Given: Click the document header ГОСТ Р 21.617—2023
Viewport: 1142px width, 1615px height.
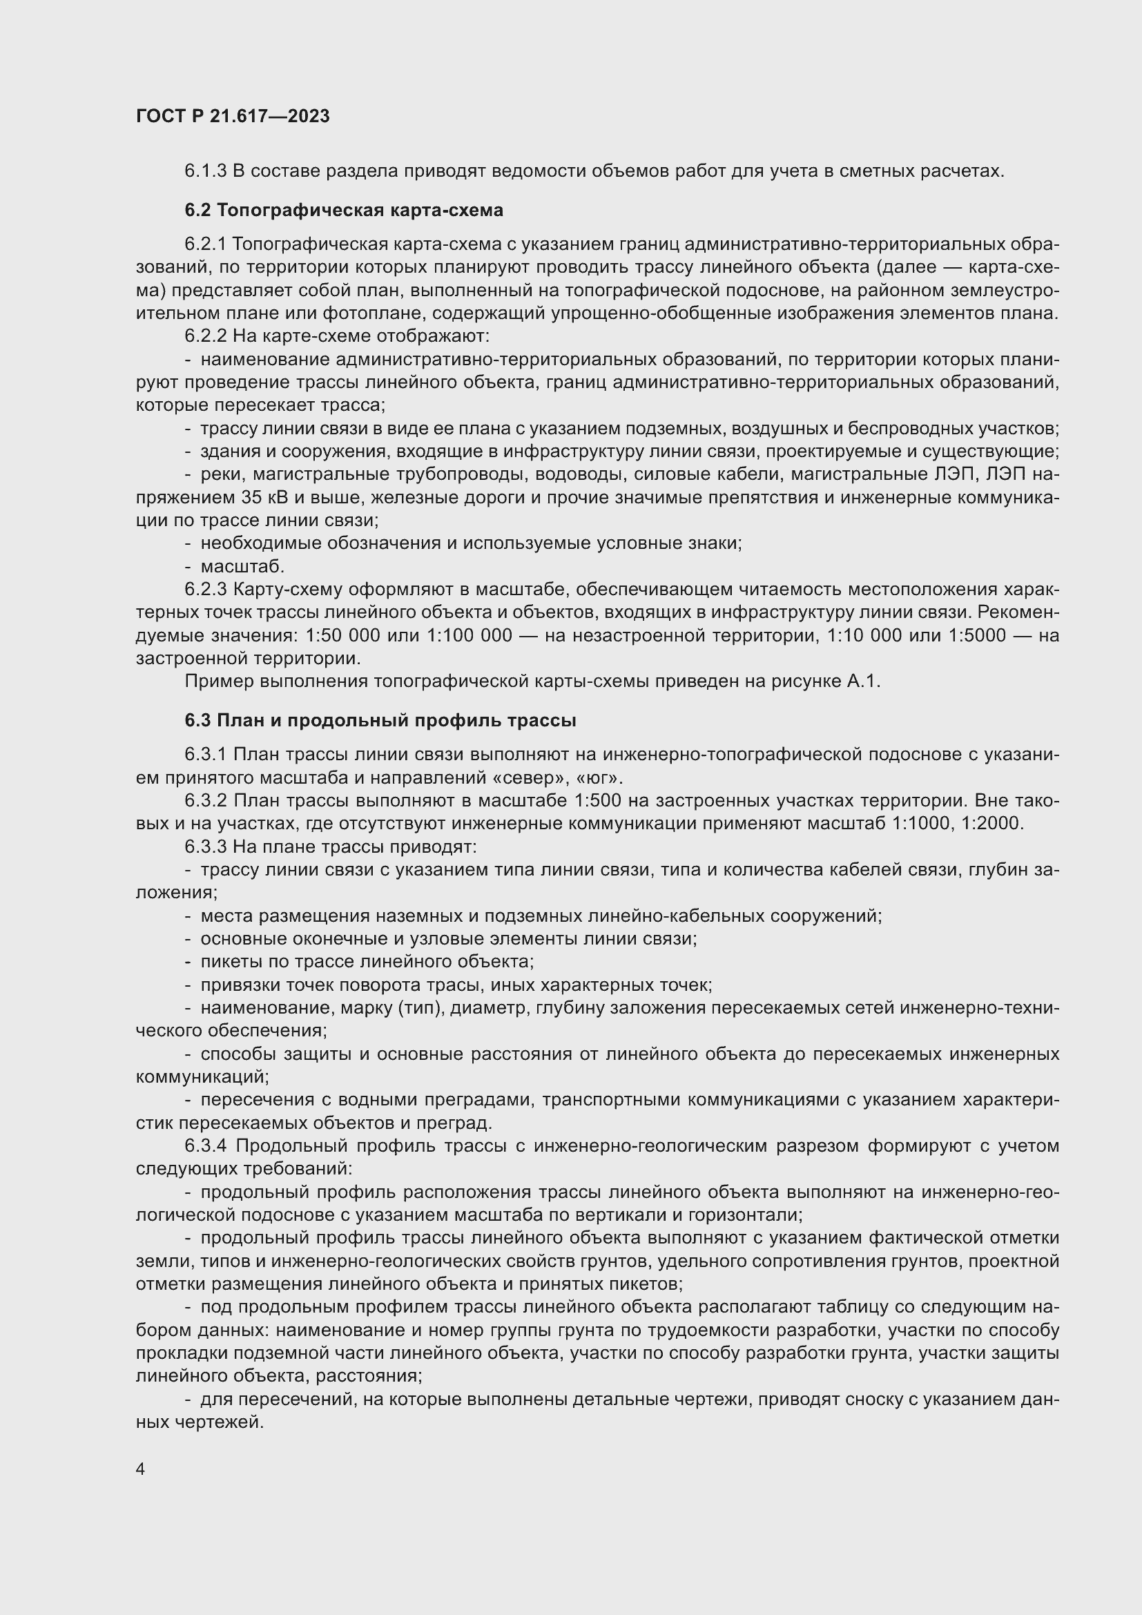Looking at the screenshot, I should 233,117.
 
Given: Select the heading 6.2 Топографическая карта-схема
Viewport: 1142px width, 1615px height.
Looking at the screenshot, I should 344,211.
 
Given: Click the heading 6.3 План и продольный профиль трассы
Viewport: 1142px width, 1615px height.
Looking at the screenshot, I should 380,721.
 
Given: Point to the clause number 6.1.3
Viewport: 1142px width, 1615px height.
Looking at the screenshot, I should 205,171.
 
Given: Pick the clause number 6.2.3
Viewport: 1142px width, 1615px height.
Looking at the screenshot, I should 205,590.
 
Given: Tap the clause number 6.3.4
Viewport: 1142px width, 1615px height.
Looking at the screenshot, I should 205,1146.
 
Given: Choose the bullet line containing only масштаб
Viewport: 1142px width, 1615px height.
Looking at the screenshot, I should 242,566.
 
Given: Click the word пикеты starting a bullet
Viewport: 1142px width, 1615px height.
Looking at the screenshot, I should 231,962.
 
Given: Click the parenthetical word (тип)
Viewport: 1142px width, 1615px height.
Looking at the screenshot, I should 420,1008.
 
